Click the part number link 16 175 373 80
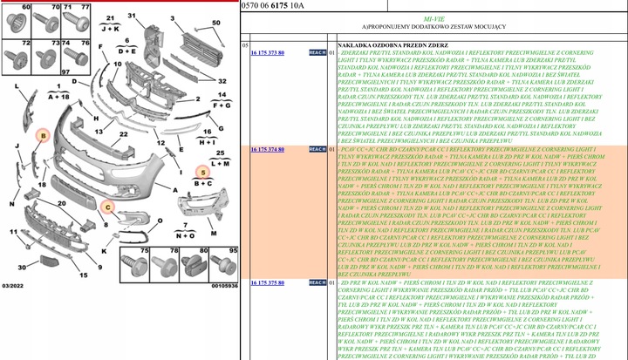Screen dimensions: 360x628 [269, 53]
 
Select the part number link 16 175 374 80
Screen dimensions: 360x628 [269, 150]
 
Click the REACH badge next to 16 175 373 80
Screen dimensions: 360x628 [318, 53]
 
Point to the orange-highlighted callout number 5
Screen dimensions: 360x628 [202, 173]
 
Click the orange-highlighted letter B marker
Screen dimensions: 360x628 [41, 136]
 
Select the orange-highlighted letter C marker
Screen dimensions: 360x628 [106, 207]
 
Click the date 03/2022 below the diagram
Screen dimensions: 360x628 [14, 284]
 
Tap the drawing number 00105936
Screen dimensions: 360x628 [224, 284]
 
